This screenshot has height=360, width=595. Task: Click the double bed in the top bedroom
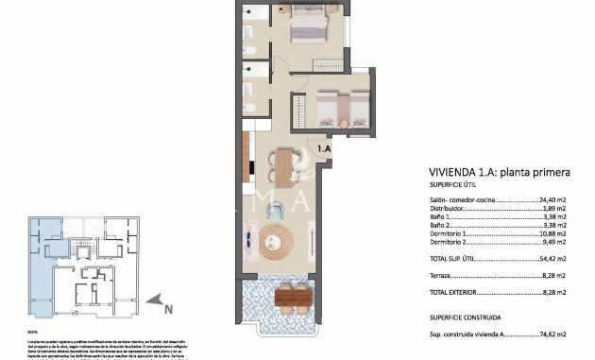(308, 26)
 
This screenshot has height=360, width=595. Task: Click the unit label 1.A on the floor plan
(323, 148)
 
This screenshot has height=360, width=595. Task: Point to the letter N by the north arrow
(167, 309)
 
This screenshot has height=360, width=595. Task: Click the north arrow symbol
(153, 302)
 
